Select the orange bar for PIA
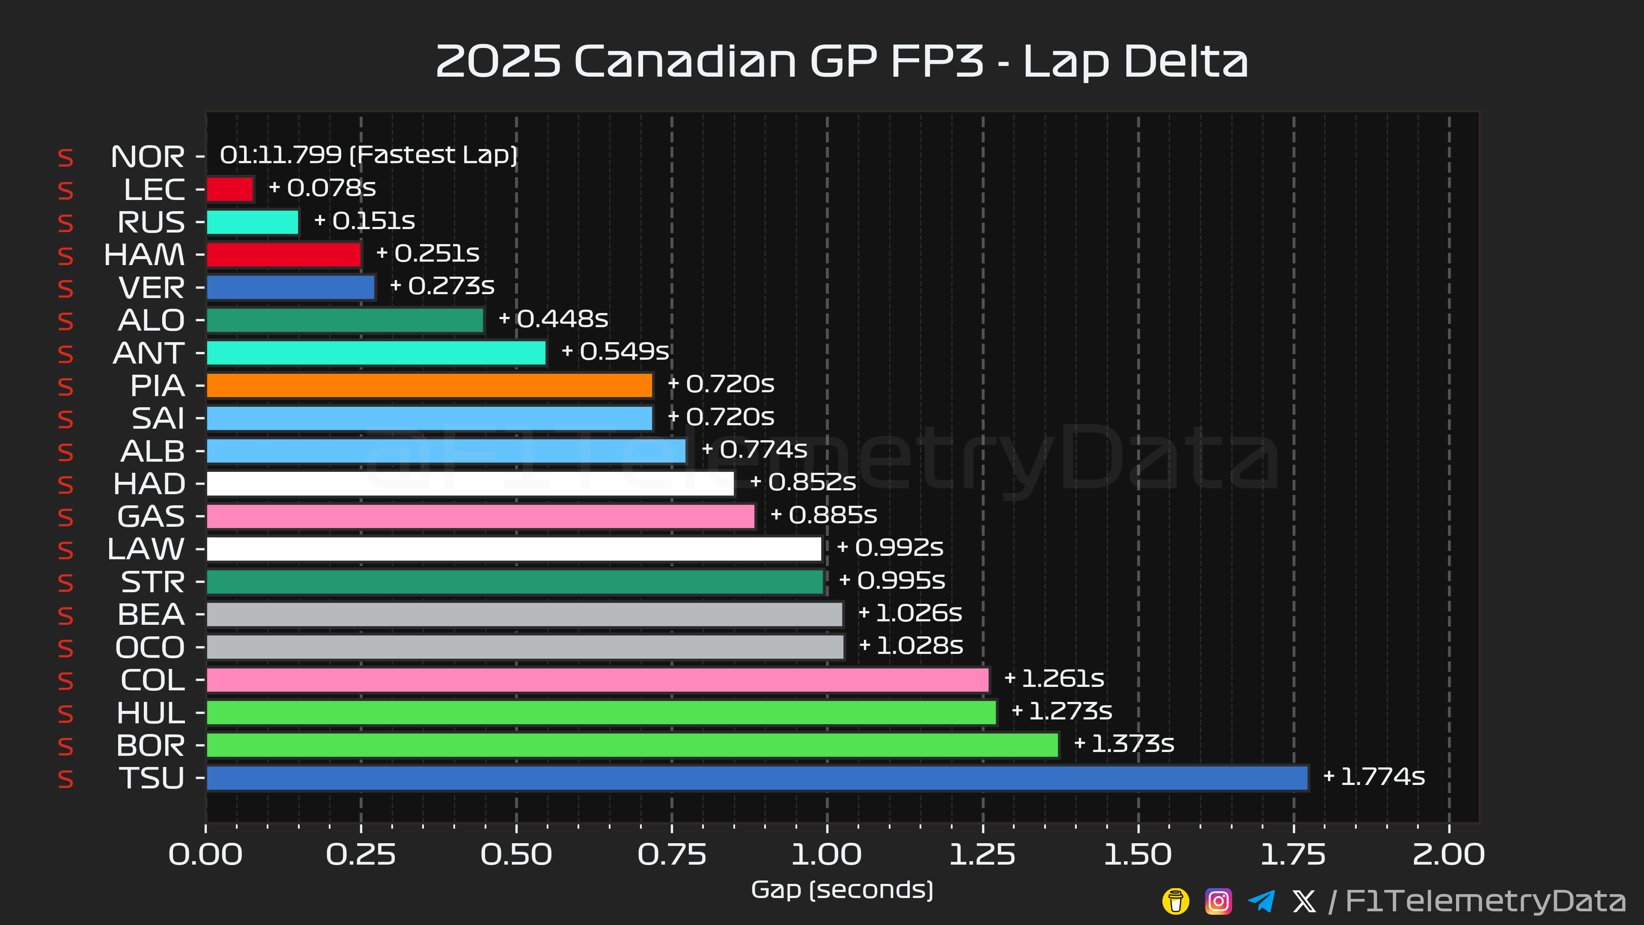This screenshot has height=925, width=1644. click(429, 385)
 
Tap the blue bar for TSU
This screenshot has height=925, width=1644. click(757, 778)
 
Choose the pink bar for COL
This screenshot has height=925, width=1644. click(597, 680)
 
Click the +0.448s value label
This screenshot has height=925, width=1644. click(553, 319)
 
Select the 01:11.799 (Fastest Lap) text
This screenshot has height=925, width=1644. click(368, 155)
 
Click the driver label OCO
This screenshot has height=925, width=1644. click(150, 647)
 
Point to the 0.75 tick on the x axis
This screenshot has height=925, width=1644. click(672, 855)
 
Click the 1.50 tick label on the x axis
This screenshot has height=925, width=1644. click(1138, 855)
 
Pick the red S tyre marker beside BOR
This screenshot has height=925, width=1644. click(66, 746)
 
